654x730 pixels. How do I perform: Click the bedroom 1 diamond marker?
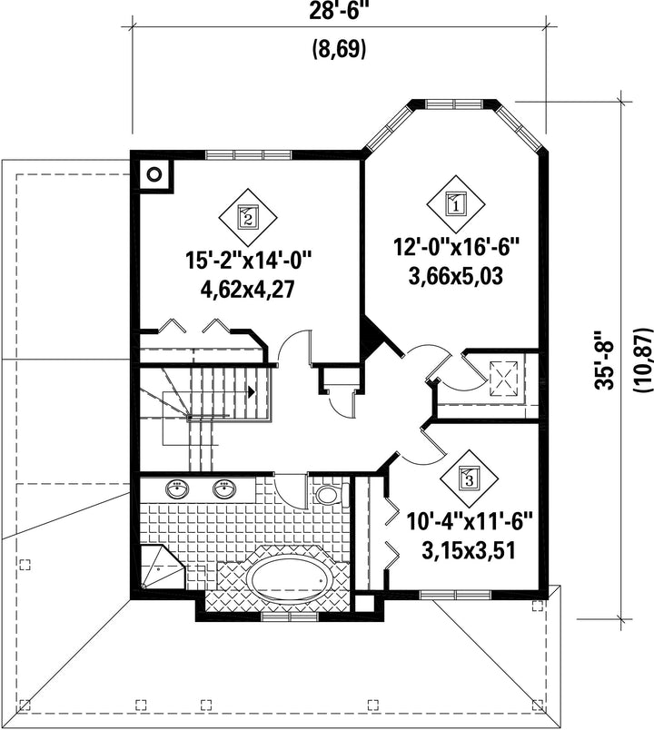point(456,204)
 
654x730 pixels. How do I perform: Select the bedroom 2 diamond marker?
point(248,217)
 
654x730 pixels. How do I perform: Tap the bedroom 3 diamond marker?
point(469,478)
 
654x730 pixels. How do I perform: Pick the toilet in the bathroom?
point(332,495)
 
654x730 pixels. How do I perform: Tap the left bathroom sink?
point(177,488)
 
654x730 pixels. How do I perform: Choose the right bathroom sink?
point(224,488)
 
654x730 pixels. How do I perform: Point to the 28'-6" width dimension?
point(335,11)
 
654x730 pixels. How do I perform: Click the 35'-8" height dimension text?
point(605,360)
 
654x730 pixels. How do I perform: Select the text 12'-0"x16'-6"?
point(457,247)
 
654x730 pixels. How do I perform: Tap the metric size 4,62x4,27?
point(248,290)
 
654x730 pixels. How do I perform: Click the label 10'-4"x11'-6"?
point(469,521)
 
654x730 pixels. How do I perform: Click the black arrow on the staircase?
point(252,392)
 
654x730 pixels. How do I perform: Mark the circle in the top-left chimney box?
point(154,174)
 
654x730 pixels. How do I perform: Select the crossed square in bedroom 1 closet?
point(504,379)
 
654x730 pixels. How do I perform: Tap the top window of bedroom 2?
point(248,154)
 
